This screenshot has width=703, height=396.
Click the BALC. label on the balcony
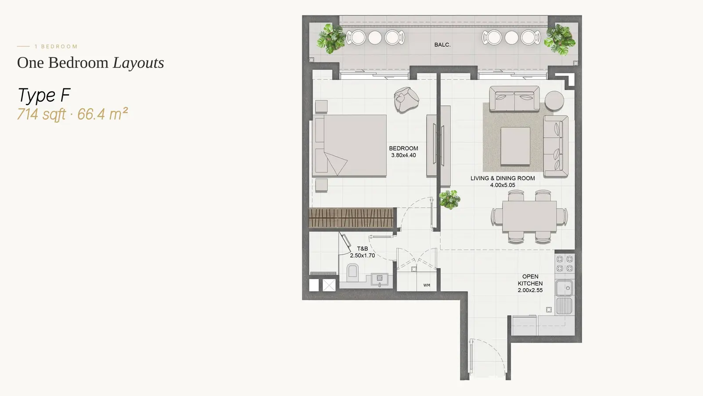(442, 45)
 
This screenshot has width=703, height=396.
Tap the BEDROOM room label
(403, 148)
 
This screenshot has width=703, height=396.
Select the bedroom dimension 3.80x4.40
(403, 155)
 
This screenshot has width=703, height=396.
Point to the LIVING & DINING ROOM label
(503, 178)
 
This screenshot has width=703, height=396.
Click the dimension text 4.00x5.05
(503, 185)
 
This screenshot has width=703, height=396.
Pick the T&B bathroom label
(362, 249)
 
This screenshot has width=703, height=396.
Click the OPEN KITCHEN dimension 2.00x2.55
(530, 290)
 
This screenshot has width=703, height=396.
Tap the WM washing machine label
(427, 286)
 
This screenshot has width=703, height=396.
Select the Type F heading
(44, 95)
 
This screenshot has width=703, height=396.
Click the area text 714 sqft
(41, 114)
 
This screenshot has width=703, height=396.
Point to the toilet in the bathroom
(352, 273)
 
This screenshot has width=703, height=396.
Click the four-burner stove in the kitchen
(565, 264)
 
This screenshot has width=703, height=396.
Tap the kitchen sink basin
(564, 288)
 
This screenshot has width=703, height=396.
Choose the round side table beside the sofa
(554, 101)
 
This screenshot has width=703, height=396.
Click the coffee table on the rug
(515, 146)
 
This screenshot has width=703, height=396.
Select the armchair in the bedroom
(406, 99)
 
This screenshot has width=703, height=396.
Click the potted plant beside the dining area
(449, 200)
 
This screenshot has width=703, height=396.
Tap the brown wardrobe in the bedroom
(351, 217)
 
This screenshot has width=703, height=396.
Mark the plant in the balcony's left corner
(331, 39)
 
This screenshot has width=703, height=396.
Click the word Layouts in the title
(138, 63)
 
